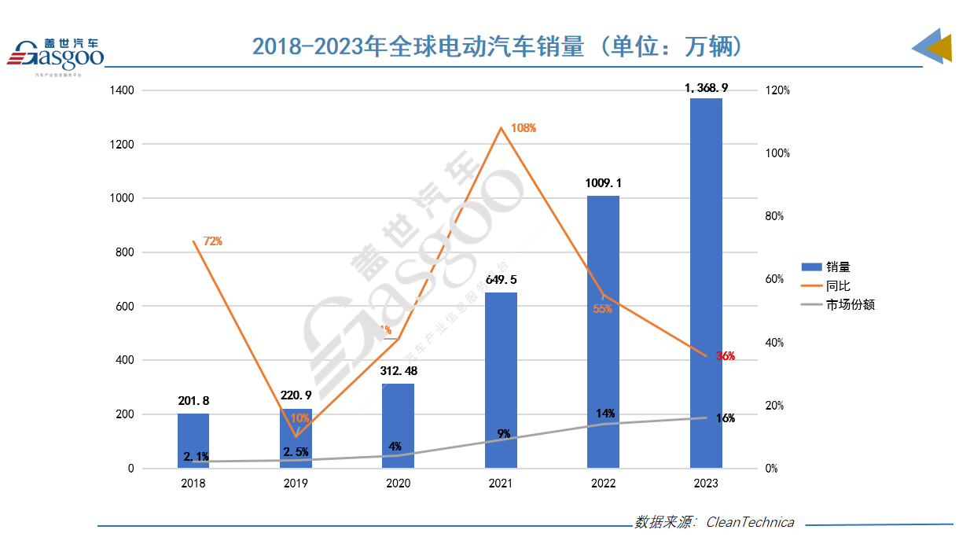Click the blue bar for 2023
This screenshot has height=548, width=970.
(706, 283)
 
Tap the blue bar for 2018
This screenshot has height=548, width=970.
(193, 440)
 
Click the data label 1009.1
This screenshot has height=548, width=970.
(603, 182)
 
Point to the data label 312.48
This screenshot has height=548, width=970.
(398, 370)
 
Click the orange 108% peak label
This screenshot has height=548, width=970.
(523, 128)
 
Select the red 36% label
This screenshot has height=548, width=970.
(725, 356)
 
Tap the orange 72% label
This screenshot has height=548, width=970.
(213, 241)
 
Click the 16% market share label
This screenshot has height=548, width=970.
(725, 418)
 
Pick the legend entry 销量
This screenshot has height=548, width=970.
(838, 267)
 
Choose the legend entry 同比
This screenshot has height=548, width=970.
(838, 286)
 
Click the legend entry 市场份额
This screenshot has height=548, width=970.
(849, 305)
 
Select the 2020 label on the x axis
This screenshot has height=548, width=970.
(398, 484)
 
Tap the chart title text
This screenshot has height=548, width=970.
(497, 46)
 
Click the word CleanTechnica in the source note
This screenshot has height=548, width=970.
(750, 522)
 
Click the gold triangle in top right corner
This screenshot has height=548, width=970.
(942, 49)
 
